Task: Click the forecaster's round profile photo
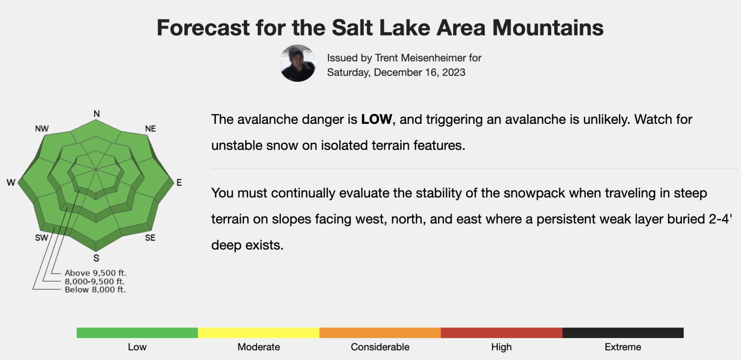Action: (298, 63)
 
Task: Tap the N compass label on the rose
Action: (96, 113)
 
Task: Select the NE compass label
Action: (151, 128)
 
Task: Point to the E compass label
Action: (179, 183)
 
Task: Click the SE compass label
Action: (150, 238)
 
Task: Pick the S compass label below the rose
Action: (96, 258)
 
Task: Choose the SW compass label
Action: (42, 238)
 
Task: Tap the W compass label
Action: (11, 183)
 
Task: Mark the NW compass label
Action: (42, 128)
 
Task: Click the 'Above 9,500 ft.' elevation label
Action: (96, 273)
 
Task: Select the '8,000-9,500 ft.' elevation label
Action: (95, 281)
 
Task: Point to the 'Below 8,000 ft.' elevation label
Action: (95, 289)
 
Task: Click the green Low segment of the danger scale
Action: (137, 333)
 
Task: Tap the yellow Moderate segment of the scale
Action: (259, 333)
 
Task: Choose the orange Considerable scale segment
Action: (380, 333)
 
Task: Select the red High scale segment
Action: (501, 333)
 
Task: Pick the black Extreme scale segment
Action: (623, 333)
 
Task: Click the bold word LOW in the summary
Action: (376, 119)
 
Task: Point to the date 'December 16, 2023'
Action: (420, 72)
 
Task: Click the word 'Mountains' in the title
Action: (548, 28)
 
